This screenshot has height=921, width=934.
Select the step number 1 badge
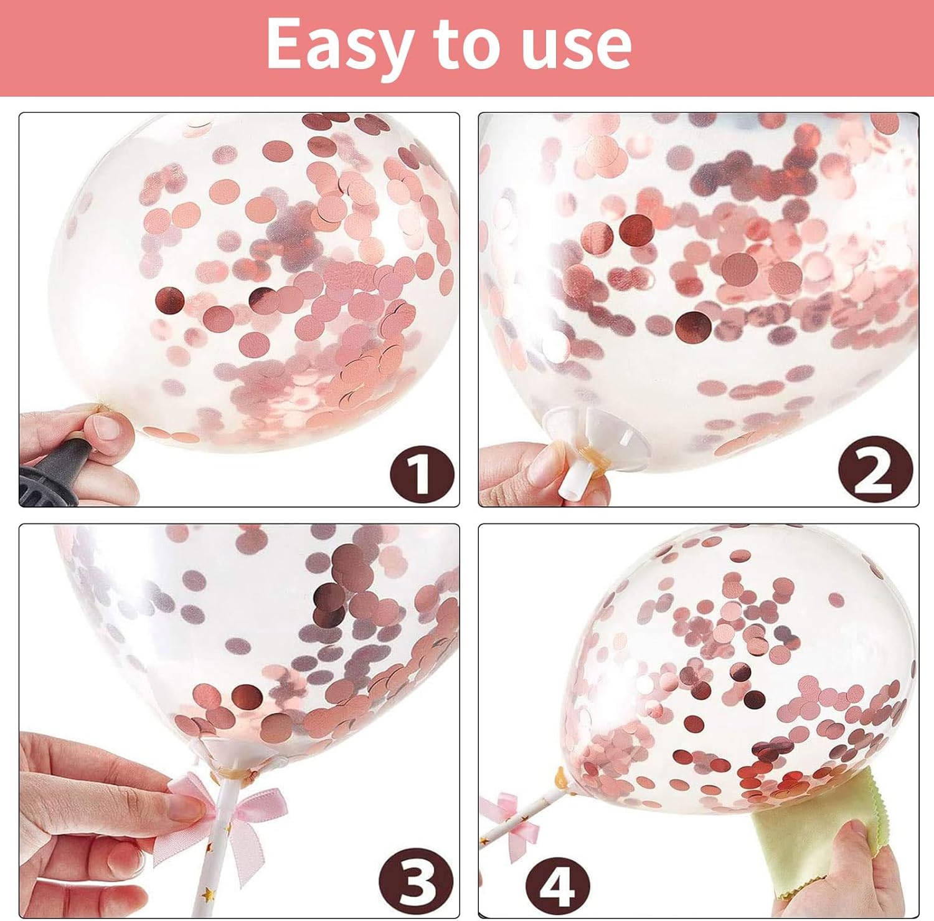coord(422,475)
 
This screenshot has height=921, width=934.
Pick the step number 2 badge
coord(875,471)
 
